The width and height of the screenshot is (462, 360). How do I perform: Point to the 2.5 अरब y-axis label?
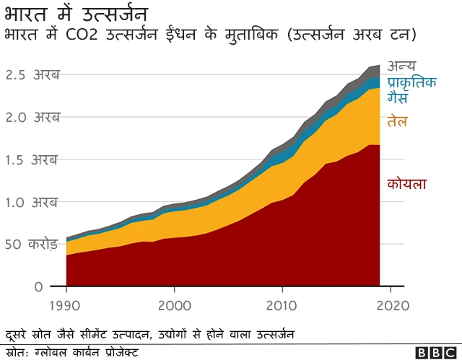[32, 74]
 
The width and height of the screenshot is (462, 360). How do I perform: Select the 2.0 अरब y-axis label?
[32, 117]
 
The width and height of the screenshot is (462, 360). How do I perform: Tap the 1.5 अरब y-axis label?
[32, 159]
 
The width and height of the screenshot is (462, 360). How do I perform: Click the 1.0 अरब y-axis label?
[32, 202]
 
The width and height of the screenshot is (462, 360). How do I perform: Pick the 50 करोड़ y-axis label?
[32, 245]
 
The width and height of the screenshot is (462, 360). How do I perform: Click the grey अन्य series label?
[401, 67]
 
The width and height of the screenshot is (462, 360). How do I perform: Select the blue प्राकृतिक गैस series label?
[412, 90]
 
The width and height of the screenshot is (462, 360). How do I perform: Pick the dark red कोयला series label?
[406, 184]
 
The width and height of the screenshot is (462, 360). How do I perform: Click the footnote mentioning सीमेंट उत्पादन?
[150, 335]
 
